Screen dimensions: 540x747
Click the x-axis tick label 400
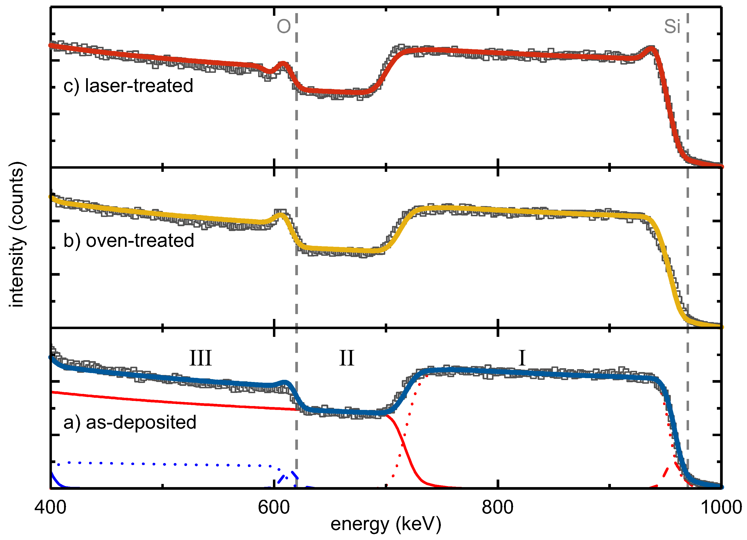pyautogui.click(x=50, y=508)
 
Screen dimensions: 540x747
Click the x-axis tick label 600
pyautogui.click(x=274, y=508)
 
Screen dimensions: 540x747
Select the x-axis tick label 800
pyautogui.click(x=497, y=508)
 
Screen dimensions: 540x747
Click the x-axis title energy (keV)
pyautogui.click(x=386, y=525)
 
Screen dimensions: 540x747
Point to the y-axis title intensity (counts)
pyautogui.click(x=16, y=235)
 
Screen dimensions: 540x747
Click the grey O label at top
pyautogui.click(x=284, y=27)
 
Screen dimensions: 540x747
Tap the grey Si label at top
pyautogui.click(x=672, y=27)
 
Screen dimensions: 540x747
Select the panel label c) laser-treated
pyautogui.click(x=128, y=86)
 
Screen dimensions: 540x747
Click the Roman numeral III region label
pyautogui.click(x=200, y=358)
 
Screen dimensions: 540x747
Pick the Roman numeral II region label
pyautogui.click(x=346, y=358)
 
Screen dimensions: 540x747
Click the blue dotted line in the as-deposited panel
pyautogui.click(x=165, y=464)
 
